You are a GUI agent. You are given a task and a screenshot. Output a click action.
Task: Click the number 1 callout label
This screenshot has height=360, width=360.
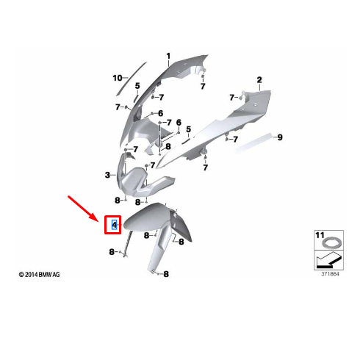pyautogui.click(x=168, y=57)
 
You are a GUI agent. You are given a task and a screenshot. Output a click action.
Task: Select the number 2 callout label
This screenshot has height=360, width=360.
pyautogui.click(x=259, y=80)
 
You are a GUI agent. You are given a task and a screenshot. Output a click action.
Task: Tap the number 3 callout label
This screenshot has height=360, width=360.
pyautogui.click(x=107, y=175)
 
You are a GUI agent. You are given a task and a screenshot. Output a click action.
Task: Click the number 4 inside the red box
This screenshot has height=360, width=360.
pyautogui.click(x=115, y=225)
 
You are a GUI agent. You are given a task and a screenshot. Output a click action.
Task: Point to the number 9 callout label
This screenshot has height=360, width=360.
pyautogui.click(x=280, y=137)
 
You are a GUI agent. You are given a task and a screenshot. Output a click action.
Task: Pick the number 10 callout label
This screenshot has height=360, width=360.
pyautogui.click(x=118, y=78)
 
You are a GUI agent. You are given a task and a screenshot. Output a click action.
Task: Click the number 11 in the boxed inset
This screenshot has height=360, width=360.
pyautogui.click(x=320, y=235)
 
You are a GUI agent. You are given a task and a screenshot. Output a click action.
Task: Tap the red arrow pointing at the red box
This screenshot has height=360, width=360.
pyautogui.click(x=82, y=208)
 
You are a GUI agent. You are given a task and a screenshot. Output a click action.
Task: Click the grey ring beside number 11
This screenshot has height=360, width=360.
pyautogui.click(x=330, y=243)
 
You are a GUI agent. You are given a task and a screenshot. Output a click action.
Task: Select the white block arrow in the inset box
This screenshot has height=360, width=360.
pyautogui.click(x=328, y=260)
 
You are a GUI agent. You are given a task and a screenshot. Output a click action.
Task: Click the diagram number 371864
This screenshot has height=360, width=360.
pyautogui.click(x=330, y=274)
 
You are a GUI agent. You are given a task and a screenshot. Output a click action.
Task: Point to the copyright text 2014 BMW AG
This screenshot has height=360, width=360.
pyautogui.click(x=39, y=275)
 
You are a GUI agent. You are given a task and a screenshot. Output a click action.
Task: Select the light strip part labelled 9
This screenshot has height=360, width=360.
pyautogui.click(x=253, y=143)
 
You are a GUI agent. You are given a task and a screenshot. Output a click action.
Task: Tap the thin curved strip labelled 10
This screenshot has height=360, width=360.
pyautogui.click(x=131, y=79)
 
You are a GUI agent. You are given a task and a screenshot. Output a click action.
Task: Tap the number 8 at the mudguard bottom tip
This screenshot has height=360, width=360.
pyautogui.click(x=166, y=274)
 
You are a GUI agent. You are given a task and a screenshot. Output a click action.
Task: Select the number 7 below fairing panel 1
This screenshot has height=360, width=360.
pyautogui.click(x=203, y=87)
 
